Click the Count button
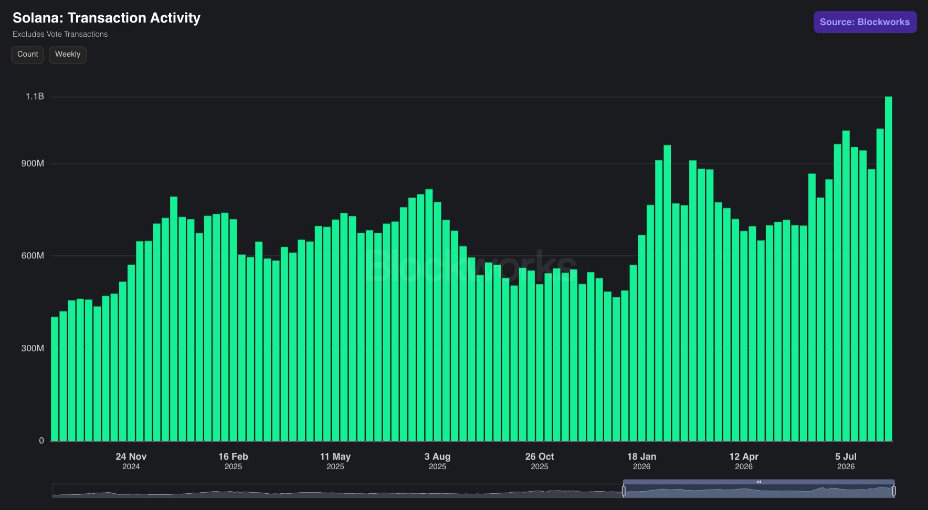28,55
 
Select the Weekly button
68,55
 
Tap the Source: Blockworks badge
865,22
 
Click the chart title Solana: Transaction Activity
107,18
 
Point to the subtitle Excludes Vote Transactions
60,34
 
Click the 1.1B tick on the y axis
35,96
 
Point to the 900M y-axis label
33,164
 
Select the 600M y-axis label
33,256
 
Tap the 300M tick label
33,349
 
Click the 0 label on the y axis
41,441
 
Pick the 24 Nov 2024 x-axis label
131,461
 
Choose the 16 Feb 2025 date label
233,461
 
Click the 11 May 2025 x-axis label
335,461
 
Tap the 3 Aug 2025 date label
437,461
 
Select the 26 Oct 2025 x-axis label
540,461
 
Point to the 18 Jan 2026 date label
641,461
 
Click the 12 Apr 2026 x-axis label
744,461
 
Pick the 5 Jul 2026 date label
846,461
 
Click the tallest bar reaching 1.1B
889,269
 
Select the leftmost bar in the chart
55,379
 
